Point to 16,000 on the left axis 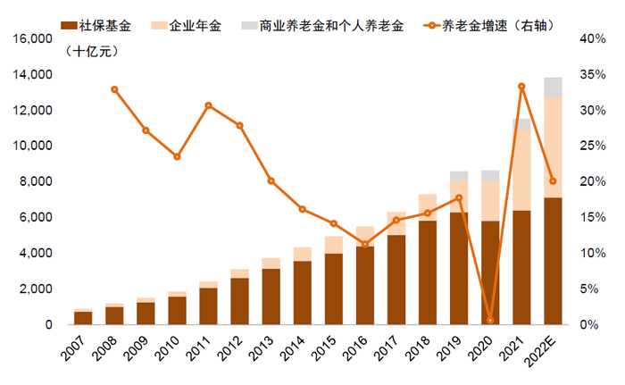point(31,39)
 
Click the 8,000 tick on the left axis point(36,182)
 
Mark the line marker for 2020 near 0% point(490,320)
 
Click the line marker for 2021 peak point(521,87)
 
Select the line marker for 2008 point(114,89)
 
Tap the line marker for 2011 point(208,105)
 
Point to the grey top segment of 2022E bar point(553,87)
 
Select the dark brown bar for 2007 point(83,318)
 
